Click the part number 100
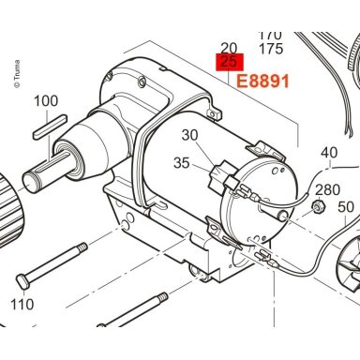(x=46, y=101)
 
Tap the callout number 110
(x=22, y=304)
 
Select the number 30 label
(x=190, y=135)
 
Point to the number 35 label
(x=182, y=163)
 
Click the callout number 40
(x=329, y=153)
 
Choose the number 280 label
(x=327, y=189)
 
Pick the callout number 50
(x=346, y=207)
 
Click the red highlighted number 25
(x=230, y=62)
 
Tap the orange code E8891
(x=262, y=82)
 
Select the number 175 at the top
(x=271, y=49)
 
